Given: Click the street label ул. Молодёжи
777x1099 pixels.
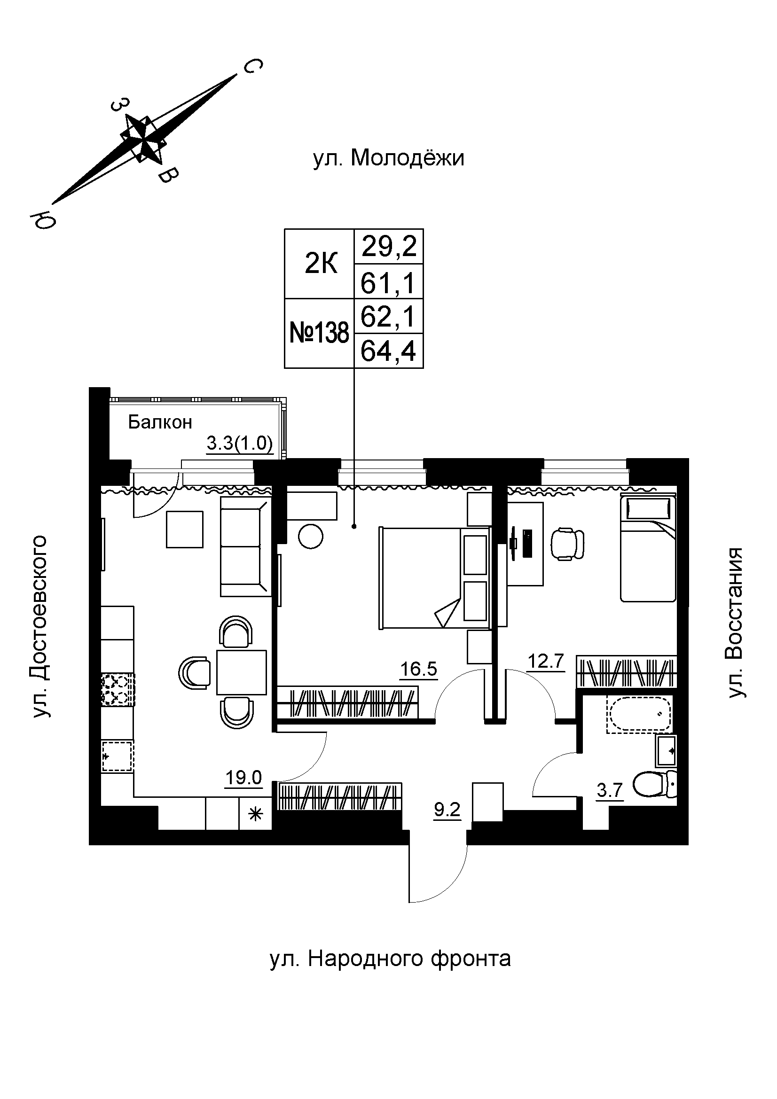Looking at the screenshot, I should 388,158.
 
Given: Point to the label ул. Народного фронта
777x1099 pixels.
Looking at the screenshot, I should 390,959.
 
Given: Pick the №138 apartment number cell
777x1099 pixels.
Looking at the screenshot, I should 319,333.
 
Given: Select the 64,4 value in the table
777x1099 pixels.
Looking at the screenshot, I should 388,351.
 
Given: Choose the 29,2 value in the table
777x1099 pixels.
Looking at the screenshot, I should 389,247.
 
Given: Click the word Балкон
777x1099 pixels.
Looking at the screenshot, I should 160,422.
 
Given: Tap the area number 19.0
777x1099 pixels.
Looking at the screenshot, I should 243,778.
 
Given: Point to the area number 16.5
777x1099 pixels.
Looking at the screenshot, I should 418,669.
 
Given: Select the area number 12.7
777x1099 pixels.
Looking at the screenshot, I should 546,663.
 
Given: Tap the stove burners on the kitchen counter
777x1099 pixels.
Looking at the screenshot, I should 118,689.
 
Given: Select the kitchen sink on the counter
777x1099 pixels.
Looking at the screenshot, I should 118,756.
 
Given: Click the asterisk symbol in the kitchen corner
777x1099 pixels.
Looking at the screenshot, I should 256,813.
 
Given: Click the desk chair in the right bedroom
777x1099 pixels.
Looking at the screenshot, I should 568,543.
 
